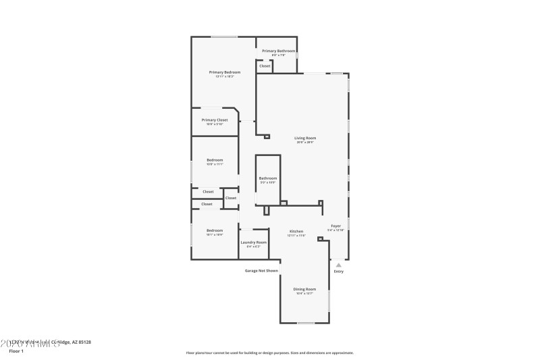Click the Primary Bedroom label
tap(224, 72)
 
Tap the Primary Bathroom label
tap(278, 51)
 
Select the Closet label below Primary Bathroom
tap(265, 66)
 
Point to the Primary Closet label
tap(215, 120)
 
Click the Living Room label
tap(305, 138)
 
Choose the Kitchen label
tap(296, 231)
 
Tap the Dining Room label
tap(305, 289)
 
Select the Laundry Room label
tap(253, 242)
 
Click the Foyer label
tap(335, 226)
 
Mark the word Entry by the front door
tap(338, 272)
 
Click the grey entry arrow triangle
tap(339, 265)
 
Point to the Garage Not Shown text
tap(261, 271)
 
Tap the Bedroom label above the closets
tap(215, 160)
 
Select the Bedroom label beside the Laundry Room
tap(215, 230)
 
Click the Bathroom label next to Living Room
tap(268, 178)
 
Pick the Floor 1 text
tap(16, 351)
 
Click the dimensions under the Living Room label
tap(305, 143)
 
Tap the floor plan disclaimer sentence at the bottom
tap(269, 353)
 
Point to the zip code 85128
tap(84, 342)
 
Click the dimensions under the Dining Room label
tap(305, 294)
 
